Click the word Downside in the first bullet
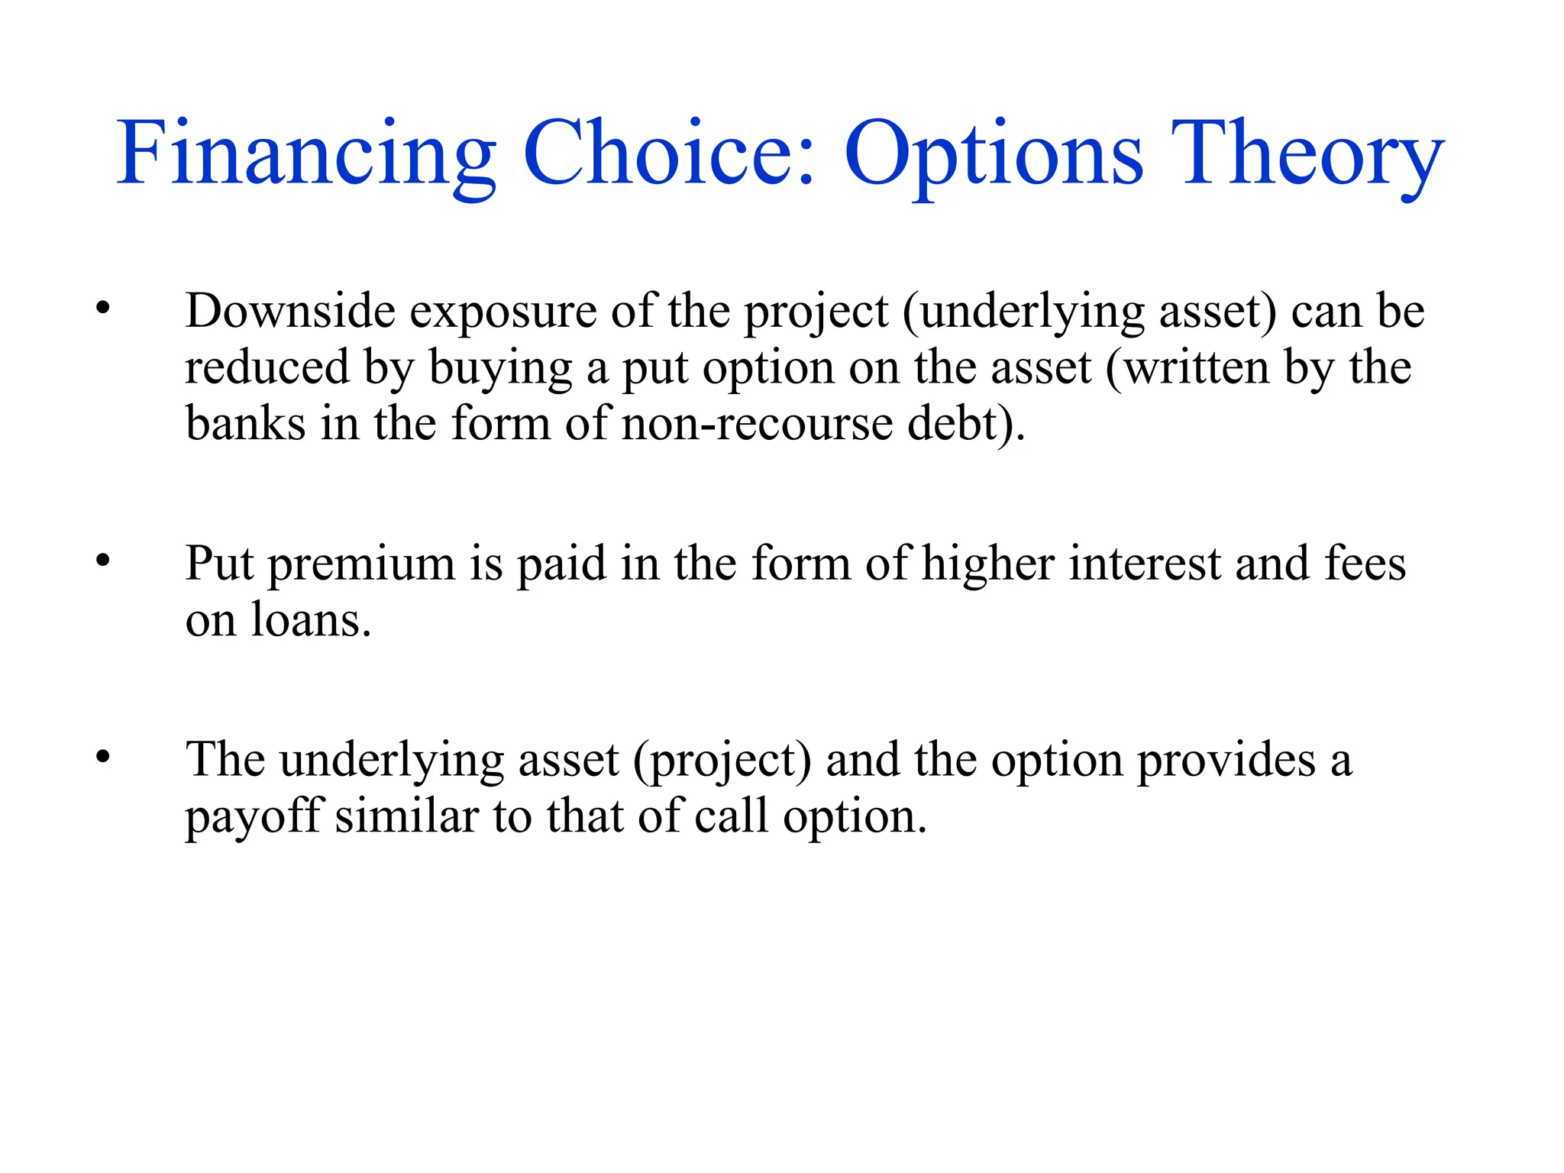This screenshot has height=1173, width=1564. point(290,311)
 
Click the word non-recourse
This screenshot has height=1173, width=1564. point(757,425)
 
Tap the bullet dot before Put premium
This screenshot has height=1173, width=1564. point(103,561)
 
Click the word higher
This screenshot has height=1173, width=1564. point(988,565)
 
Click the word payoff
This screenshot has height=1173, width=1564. point(254,818)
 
